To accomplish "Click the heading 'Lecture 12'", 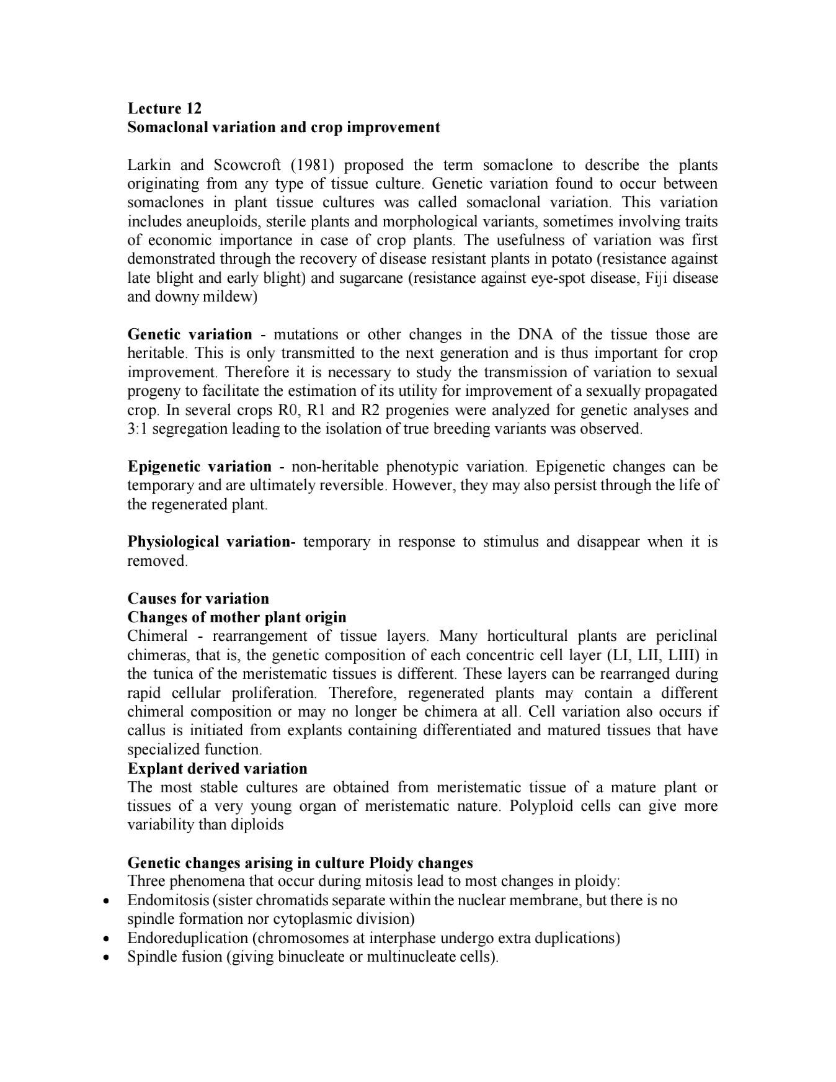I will [164, 108].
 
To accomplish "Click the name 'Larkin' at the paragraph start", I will [148, 165].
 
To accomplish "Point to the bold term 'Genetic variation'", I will [190, 334].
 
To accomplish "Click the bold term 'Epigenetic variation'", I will [199, 467].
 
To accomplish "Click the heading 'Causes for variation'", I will [198, 599].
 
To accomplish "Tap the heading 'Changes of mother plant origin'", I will [236, 617].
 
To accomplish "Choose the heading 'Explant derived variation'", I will [217, 769].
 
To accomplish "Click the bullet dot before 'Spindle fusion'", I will [107, 957].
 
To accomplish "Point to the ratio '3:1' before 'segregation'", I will [136, 429].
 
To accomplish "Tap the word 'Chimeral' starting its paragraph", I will [157, 637].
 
